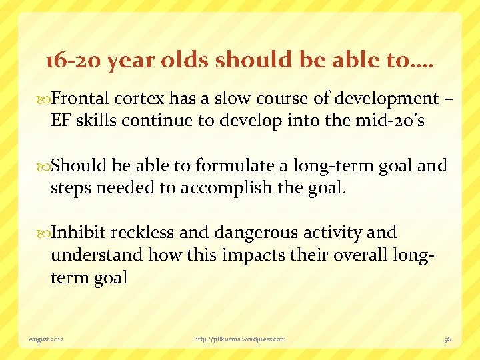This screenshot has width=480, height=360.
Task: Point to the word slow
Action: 223,99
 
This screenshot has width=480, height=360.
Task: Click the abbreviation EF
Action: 61,121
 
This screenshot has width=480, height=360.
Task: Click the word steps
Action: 71,189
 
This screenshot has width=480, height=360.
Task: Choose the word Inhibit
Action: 79,233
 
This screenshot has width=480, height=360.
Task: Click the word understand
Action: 97,255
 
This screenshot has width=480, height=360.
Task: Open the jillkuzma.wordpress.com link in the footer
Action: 240,339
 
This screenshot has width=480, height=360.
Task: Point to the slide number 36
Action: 448,339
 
